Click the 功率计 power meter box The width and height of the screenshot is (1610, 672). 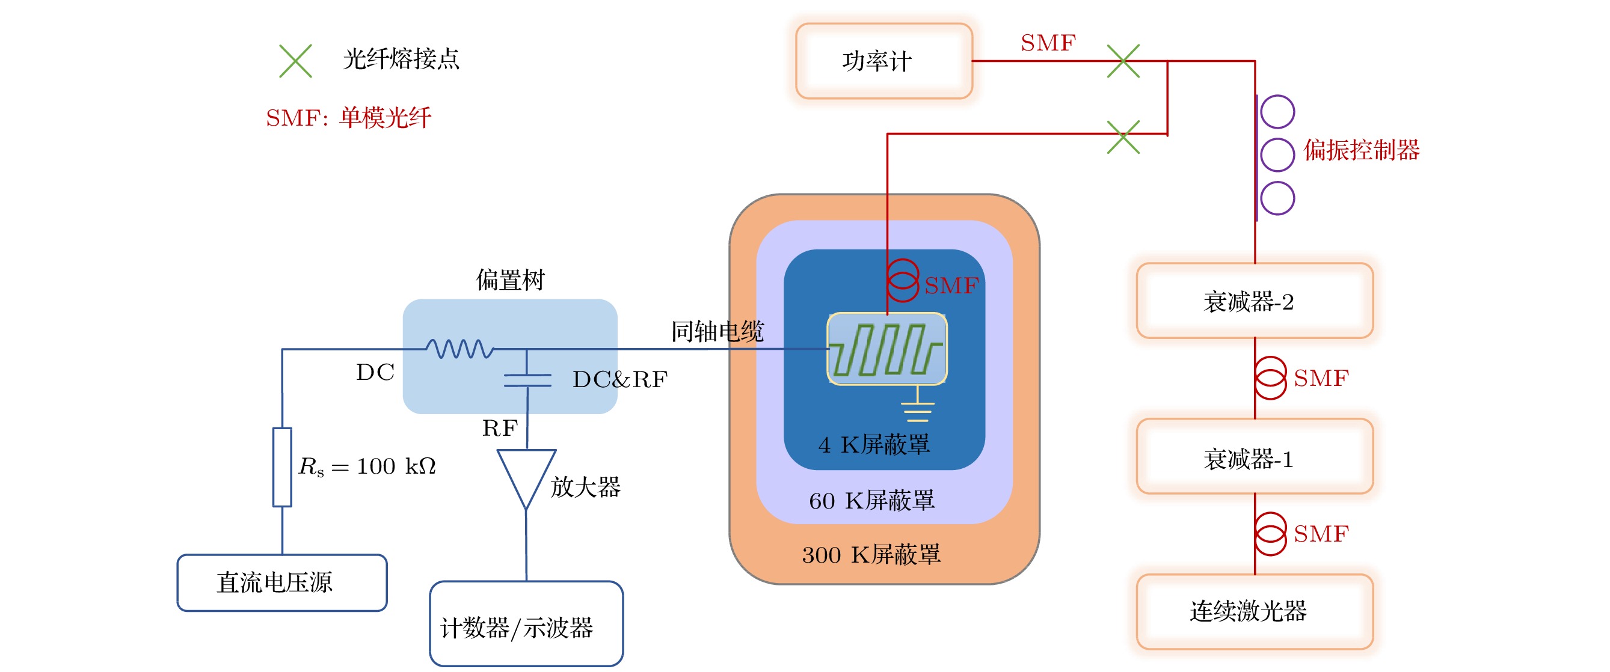(x=883, y=61)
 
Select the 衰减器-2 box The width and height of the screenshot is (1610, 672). (x=1255, y=301)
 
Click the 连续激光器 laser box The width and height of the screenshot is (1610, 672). (x=1255, y=611)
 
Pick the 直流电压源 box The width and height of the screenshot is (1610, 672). (x=282, y=582)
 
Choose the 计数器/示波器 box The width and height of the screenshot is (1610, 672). (x=526, y=623)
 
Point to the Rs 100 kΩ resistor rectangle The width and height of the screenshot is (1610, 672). (x=283, y=466)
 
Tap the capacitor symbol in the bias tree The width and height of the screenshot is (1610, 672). (x=527, y=380)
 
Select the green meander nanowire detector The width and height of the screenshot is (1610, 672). (x=887, y=349)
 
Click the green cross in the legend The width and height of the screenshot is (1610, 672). (x=296, y=61)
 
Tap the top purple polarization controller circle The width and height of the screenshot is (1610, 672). (x=1277, y=112)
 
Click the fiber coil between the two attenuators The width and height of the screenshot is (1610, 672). (x=1271, y=378)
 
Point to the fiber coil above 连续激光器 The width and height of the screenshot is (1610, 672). (x=1271, y=533)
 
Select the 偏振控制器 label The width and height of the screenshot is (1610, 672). (x=1361, y=150)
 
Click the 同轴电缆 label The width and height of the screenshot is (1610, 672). (x=717, y=331)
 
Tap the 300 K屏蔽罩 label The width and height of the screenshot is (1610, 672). (x=871, y=554)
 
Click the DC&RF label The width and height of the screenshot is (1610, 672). (x=620, y=379)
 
